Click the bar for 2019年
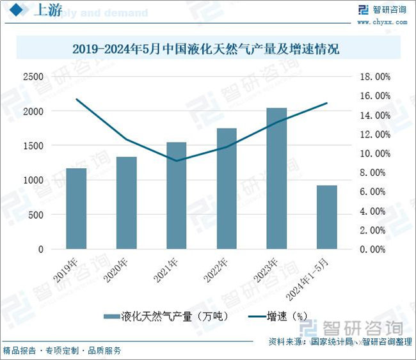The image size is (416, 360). [76, 208]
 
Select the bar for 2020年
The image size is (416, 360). [127, 203]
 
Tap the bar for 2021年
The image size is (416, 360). [177, 196]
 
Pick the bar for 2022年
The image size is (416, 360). [227, 189]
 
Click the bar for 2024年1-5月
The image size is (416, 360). [326, 217]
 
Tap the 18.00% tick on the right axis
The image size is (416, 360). [375, 77]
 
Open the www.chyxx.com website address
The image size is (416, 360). [382, 21]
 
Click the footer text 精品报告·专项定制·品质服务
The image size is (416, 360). [62, 350]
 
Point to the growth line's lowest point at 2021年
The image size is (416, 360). [177, 160]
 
